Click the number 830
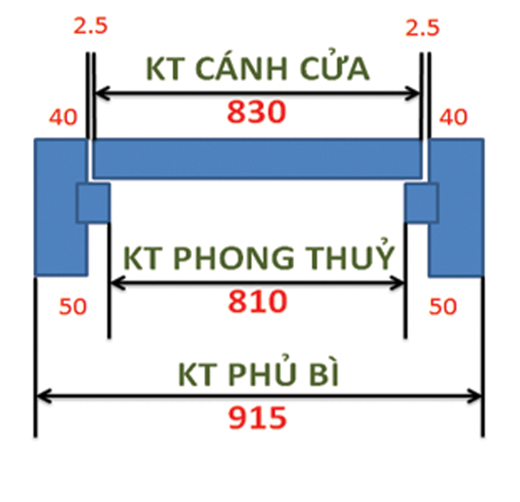(256, 112)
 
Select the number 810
(257, 301)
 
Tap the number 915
(257, 417)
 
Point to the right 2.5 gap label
(422, 27)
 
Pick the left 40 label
(62, 118)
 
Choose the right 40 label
(454, 118)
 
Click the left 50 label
(72, 306)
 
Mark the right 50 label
(443, 306)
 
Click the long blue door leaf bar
(257, 158)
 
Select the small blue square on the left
(94, 203)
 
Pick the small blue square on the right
(421, 203)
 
